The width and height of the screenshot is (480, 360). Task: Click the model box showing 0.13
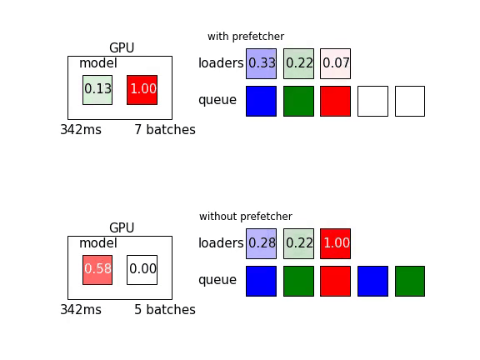coord(97,90)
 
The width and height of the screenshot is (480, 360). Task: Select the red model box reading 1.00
coord(142,90)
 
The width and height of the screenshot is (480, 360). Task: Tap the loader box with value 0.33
coord(261,63)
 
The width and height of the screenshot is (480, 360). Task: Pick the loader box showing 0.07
coord(336,63)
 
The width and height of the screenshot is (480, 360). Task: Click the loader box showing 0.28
coord(261,243)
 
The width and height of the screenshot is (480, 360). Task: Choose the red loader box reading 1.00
coord(336,243)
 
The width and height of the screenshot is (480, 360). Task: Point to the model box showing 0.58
coord(97,270)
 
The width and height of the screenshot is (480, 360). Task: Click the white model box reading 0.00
coord(142,270)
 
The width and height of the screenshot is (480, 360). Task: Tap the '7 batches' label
coord(165,130)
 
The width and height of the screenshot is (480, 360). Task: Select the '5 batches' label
coord(165,310)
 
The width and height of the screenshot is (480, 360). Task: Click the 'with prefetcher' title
coord(246,37)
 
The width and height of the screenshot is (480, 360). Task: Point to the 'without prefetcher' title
coord(246,217)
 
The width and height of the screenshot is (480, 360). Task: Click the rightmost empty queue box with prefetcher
coord(410,102)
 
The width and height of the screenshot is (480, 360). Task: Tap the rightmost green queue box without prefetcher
coord(410,282)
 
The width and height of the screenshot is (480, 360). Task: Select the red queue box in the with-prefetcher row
coord(336,102)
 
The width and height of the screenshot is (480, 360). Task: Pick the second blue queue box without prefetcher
coord(372,282)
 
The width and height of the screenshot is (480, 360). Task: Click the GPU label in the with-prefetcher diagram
coord(122,48)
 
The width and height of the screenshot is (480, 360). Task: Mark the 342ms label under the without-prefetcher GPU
coord(81,310)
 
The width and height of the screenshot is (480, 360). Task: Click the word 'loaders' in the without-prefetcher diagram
coord(221,243)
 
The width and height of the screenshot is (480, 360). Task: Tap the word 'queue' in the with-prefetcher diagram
coord(217,100)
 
